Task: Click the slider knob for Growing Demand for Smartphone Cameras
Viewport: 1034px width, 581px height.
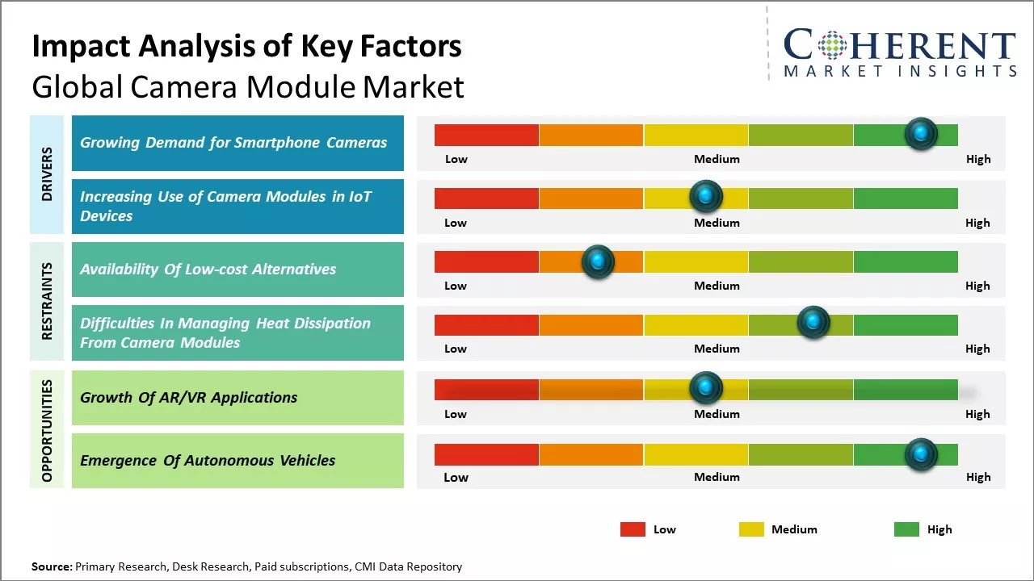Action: (x=921, y=134)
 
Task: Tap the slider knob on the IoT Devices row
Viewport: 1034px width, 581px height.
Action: (x=706, y=196)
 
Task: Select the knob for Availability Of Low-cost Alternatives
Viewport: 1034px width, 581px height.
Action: (x=598, y=261)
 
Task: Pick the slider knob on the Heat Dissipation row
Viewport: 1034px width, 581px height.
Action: (x=813, y=323)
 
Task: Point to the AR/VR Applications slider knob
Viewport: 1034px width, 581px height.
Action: (x=706, y=388)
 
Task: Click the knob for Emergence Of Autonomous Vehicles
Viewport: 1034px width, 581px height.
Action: (x=921, y=455)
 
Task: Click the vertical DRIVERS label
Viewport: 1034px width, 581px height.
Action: (x=47, y=174)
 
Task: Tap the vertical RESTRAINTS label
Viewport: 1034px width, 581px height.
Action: (x=47, y=300)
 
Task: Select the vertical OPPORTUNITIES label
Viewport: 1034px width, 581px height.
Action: (x=47, y=431)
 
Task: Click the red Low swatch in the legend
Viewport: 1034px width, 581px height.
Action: (x=633, y=529)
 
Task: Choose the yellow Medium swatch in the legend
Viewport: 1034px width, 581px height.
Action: (x=751, y=529)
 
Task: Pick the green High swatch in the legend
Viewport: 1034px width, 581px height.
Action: (x=906, y=529)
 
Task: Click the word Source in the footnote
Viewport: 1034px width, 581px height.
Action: (x=51, y=566)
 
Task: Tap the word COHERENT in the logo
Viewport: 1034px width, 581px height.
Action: (x=899, y=45)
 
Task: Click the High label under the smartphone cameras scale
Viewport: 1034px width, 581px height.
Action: (x=978, y=159)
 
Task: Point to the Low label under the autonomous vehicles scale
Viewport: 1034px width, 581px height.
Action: (x=456, y=477)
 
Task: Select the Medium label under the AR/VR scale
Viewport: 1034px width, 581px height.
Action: (x=717, y=414)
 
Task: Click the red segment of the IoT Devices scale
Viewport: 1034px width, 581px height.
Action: (x=486, y=199)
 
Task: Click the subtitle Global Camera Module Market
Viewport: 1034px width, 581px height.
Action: (x=248, y=86)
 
